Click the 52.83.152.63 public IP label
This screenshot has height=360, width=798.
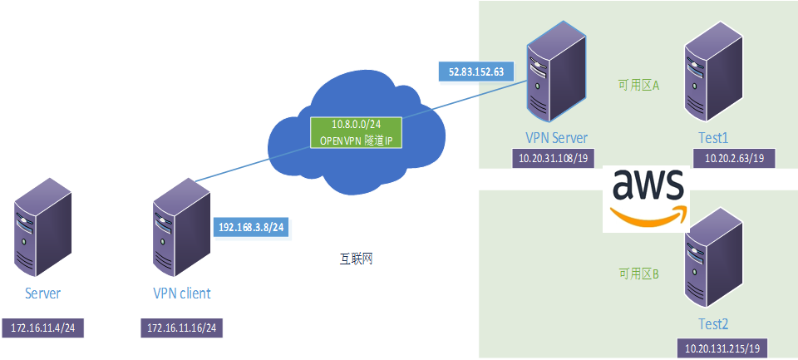pyautogui.click(x=476, y=72)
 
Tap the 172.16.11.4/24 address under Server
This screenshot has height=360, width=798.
pyautogui.click(x=43, y=329)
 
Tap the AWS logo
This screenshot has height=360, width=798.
pyautogui.click(x=648, y=196)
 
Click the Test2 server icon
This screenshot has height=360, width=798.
pyautogui.click(x=711, y=259)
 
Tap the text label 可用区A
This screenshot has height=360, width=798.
pyautogui.click(x=638, y=85)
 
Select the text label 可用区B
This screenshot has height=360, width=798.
pyautogui.click(x=638, y=274)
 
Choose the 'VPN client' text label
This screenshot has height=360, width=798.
pyautogui.click(x=182, y=293)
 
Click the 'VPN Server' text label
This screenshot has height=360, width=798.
pyautogui.click(x=556, y=138)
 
